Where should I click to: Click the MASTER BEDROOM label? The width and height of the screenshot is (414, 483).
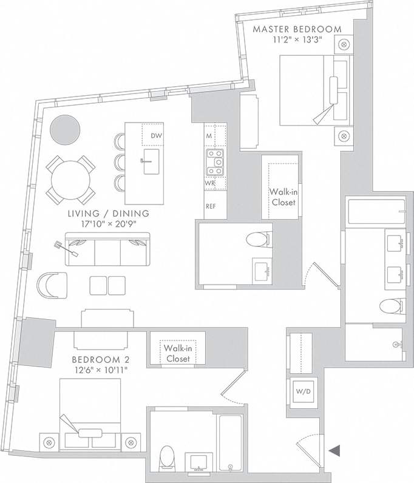click(x=297, y=29)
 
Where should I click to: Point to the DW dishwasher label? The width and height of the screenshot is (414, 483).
click(x=156, y=136)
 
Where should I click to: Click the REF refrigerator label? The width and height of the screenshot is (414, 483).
click(x=211, y=206)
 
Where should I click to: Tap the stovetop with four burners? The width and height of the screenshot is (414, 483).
click(x=214, y=158)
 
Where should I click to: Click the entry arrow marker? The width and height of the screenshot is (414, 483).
click(x=334, y=450)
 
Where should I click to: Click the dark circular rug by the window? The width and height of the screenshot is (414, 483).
click(x=64, y=129)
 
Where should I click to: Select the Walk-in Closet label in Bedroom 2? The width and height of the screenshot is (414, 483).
click(x=178, y=354)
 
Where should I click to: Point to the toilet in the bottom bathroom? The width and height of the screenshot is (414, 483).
click(x=166, y=458)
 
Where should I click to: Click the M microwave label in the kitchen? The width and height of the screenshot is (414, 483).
click(x=208, y=136)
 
